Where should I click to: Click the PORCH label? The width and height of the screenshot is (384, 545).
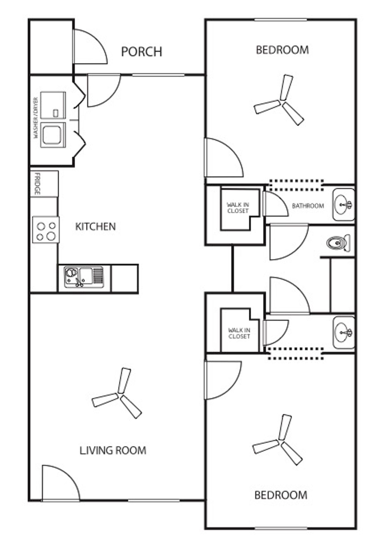tap(141, 52)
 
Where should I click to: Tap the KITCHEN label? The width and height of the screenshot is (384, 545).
tap(96, 227)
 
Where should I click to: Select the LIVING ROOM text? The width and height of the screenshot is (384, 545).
tap(113, 450)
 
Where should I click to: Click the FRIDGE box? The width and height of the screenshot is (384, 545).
tap(44, 184)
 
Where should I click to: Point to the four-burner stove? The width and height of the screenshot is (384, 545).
tap(46, 230)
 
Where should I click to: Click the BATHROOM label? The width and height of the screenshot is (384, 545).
tap(308, 206)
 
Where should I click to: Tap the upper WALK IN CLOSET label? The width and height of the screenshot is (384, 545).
tap(238, 207)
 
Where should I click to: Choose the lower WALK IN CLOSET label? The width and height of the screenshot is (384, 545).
tap(239, 333)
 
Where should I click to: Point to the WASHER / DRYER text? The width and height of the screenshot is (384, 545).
tap(36, 118)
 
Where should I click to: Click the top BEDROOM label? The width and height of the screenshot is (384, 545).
tap(282, 50)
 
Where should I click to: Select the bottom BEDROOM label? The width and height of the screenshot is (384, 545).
tap(281, 495)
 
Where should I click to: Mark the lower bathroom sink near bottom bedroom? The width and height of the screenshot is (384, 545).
tap(343, 332)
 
